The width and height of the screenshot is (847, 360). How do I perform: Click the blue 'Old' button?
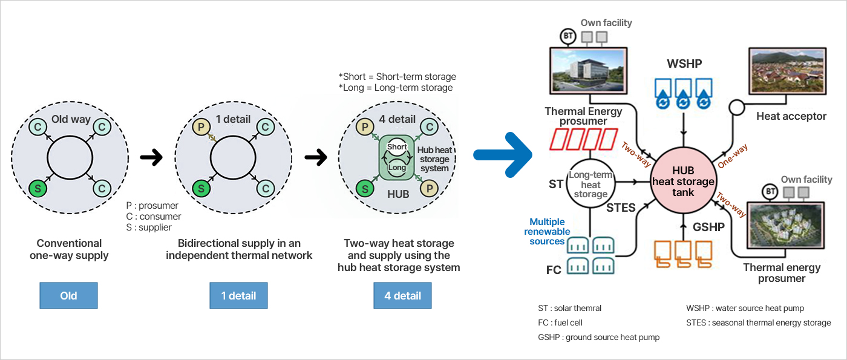68,296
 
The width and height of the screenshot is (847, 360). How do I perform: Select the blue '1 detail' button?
238,296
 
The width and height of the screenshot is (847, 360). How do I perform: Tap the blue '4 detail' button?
402,296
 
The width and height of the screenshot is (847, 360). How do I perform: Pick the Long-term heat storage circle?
590,182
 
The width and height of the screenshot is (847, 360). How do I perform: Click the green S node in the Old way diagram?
38,188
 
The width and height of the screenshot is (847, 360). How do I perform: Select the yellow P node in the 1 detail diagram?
200,128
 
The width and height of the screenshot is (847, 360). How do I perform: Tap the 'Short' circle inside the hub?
397,147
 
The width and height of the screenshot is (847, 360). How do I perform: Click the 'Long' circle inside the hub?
397,167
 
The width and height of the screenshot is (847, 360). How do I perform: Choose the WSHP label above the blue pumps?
684,64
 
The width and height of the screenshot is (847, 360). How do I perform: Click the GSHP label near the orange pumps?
708,227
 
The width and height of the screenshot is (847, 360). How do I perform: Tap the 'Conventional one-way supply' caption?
69,249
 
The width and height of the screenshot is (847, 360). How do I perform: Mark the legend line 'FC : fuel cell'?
560,323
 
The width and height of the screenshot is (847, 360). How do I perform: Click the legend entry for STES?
758,323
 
